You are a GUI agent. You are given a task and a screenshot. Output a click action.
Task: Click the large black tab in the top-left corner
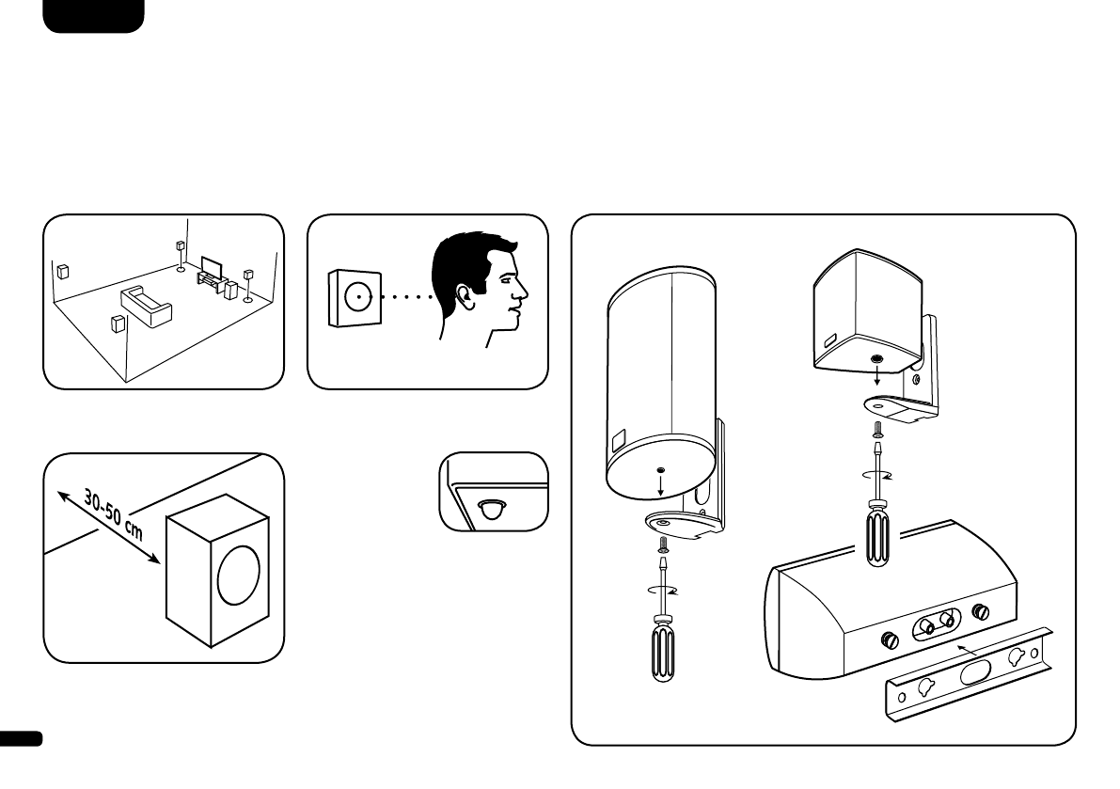point(93,15)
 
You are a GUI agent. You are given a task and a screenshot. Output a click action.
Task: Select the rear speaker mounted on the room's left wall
point(63,274)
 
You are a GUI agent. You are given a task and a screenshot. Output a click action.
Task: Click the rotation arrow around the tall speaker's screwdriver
point(663,591)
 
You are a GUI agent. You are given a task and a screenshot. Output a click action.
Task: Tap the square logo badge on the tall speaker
point(616,438)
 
